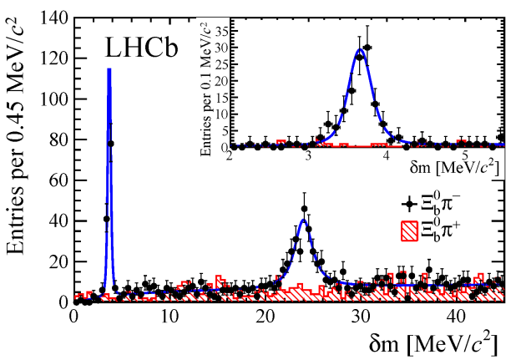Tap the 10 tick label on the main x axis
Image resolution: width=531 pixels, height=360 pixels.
(x=169, y=318)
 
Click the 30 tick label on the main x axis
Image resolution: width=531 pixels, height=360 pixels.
(x=361, y=318)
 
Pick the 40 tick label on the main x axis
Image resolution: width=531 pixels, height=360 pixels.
(x=456, y=318)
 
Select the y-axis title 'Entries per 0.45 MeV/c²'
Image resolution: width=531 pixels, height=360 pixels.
(x=18, y=159)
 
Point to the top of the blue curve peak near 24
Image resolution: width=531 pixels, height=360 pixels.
(x=303, y=221)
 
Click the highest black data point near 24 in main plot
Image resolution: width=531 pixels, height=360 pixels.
(x=305, y=209)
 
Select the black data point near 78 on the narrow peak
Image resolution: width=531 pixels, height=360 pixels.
(x=111, y=144)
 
